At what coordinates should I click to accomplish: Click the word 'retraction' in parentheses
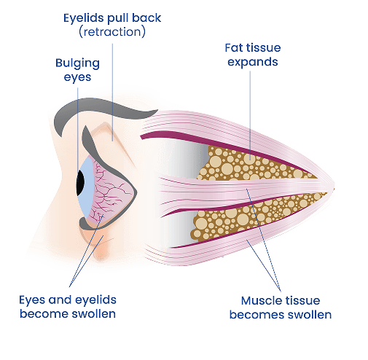(x=112, y=32)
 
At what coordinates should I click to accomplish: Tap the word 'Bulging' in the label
(x=77, y=63)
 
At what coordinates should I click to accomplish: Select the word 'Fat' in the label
(x=233, y=47)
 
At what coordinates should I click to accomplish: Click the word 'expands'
(x=253, y=62)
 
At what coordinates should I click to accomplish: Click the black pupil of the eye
(x=80, y=183)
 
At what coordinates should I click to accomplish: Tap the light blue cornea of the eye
(x=87, y=187)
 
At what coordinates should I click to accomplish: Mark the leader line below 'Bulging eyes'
(x=78, y=130)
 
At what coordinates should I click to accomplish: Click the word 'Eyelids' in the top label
(x=80, y=18)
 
